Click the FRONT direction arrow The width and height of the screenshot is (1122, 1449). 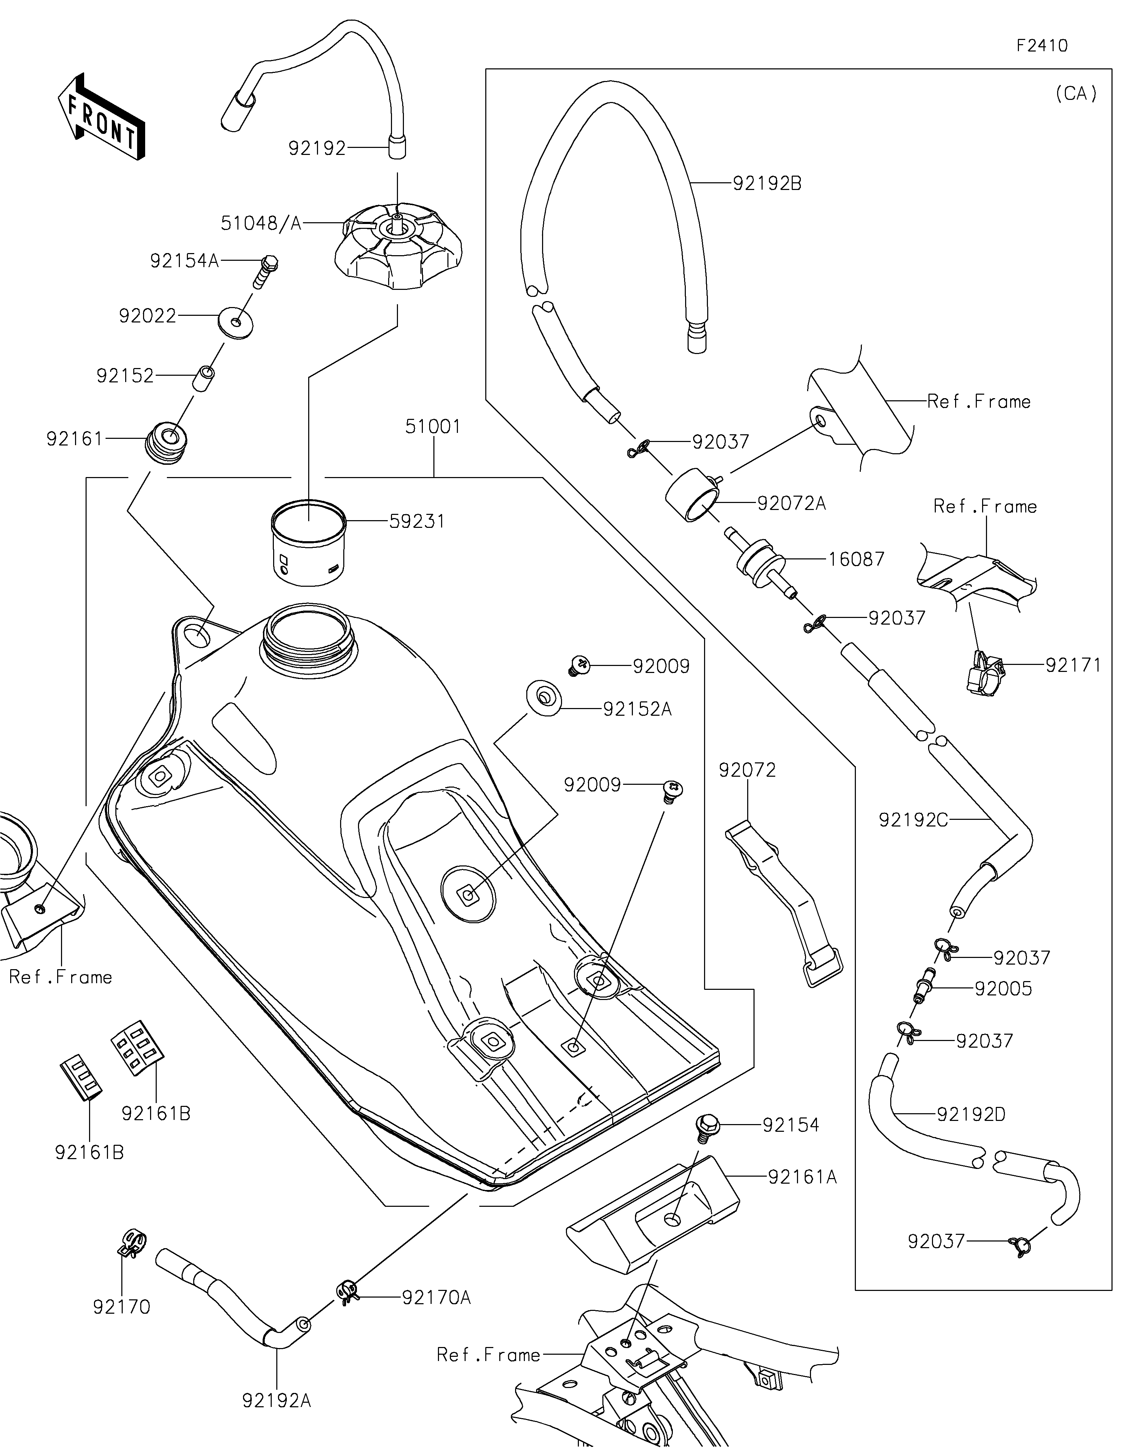(102, 117)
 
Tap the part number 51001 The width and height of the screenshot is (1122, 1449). (433, 427)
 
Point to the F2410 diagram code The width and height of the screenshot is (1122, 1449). (1042, 46)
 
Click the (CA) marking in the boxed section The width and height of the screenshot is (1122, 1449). (1076, 94)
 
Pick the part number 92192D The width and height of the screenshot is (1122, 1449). (971, 1114)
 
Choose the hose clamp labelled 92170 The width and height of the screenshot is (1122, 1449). (133, 1243)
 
